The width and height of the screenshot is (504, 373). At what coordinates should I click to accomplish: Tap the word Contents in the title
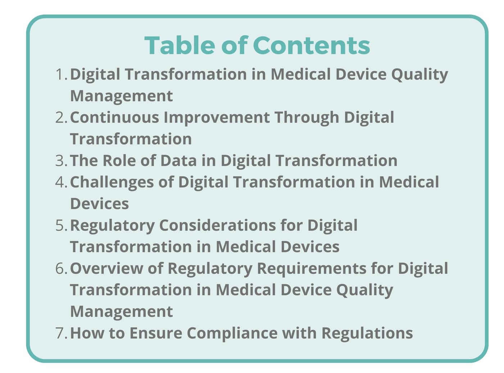(312, 45)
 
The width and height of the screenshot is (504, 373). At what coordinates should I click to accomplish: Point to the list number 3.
(61, 161)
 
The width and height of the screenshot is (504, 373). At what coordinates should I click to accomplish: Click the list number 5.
(61, 226)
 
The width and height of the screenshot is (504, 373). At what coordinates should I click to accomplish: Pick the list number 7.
(61, 333)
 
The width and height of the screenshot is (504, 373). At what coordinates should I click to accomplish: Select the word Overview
(106, 269)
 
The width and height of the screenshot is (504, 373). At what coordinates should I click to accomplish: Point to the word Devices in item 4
(99, 204)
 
